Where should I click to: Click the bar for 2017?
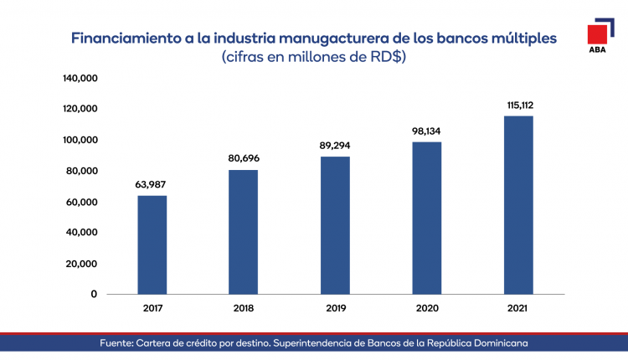(152, 244)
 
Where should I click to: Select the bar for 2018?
(244, 232)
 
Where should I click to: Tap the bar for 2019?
(335, 225)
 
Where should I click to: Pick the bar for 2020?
(427, 218)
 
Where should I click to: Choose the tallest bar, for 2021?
(518, 205)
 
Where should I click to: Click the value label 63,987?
(152, 184)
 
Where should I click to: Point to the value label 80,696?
(244, 158)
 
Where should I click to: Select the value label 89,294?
(335, 145)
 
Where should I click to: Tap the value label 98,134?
(427, 131)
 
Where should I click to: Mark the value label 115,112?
(519, 105)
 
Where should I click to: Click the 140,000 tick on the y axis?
(81, 79)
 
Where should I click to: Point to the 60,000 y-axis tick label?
(81, 202)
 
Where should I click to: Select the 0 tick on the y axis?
(94, 294)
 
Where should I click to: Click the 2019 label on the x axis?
(335, 308)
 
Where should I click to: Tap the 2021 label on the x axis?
(518, 308)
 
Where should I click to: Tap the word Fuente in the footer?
(119, 344)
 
